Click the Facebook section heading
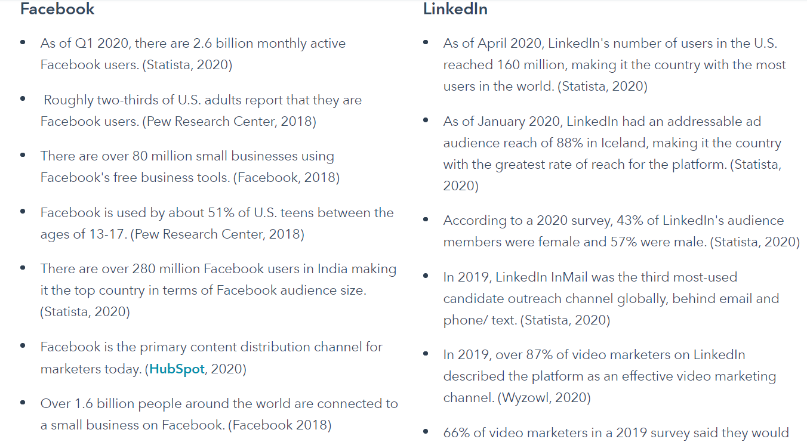click(57, 9)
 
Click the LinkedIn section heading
click(455, 9)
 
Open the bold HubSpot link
click(177, 369)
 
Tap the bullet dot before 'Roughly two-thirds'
click(23, 99)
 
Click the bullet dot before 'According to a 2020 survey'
click(426, 220)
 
